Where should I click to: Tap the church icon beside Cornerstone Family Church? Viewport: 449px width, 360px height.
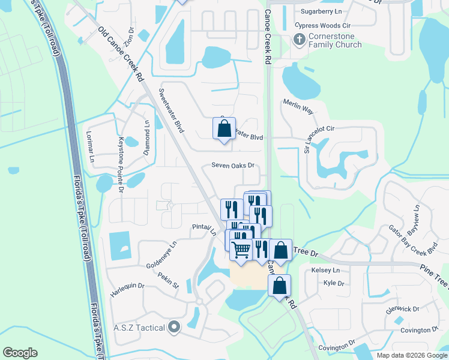[x=299, y=40]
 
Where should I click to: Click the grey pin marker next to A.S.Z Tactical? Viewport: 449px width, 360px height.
[x=174, y=327]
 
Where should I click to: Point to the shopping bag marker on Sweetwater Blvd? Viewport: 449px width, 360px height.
[x=224, y=128]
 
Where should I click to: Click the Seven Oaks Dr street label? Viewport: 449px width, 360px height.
[x=233, y=166]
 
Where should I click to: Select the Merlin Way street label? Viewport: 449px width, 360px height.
[x=298, y=106]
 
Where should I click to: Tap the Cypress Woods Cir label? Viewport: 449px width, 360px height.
[x=322, y=26]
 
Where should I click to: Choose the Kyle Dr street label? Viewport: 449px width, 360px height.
[x=333, y=283]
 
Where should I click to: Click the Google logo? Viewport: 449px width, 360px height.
[x=20, y=353]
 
